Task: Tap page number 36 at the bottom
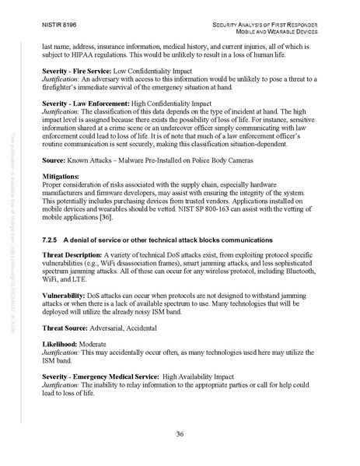180,434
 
